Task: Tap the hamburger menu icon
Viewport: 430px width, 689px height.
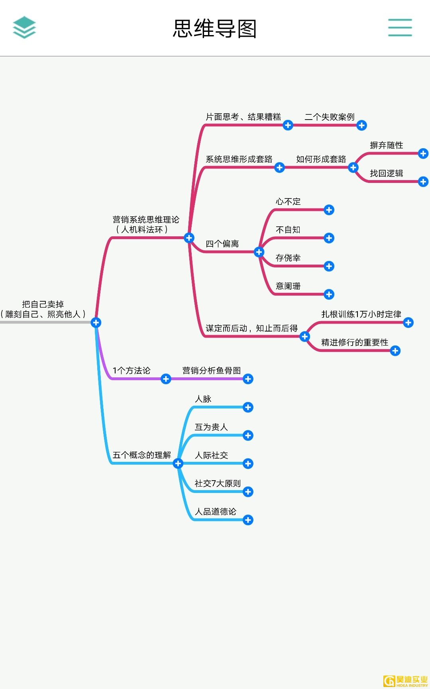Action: coord(400,27)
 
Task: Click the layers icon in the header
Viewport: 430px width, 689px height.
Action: coord(24,27)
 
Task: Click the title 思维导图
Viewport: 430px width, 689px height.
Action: coord(215,29)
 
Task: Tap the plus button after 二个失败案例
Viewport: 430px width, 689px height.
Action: coord(361,126)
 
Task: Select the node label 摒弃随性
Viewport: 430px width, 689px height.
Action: coord(386,145)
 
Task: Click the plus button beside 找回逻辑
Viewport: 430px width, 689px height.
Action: coord(423,182)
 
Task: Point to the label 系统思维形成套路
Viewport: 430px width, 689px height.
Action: coord(239,159)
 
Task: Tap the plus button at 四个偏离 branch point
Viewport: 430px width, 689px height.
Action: coord(259,252)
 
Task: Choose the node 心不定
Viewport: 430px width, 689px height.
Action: coord(288,202)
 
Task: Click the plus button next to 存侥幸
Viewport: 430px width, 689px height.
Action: coord(329,266)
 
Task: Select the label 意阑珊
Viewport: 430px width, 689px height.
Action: coord(288,286)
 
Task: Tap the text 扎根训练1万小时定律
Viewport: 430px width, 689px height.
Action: coord(361,314)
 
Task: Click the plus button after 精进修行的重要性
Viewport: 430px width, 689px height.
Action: coord(395,351)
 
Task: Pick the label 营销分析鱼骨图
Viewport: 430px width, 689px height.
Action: coord(211,370)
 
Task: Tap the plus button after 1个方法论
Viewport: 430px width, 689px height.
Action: coord(166,379)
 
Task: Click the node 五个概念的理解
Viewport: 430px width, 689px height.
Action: coord(141,455)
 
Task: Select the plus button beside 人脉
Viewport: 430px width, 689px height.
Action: coord(248,407)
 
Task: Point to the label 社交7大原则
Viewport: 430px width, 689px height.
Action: coord(218,483)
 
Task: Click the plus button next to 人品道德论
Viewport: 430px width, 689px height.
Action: coord(248,520)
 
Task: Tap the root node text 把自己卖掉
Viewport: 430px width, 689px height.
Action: coord(43,304)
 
